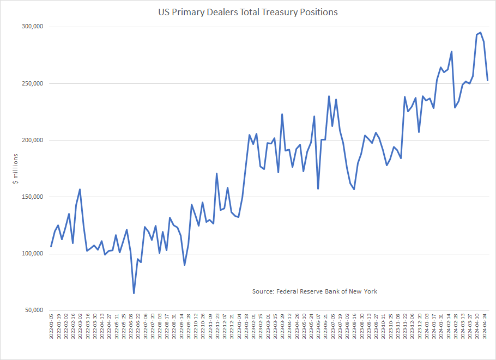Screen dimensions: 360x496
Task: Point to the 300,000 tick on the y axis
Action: [32, 27]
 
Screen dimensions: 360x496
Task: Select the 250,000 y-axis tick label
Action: [32, 83]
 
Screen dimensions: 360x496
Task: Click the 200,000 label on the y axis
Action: [32, 140]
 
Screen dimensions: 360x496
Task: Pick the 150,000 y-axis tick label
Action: [32, 197]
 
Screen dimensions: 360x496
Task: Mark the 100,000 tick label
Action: [32, 254]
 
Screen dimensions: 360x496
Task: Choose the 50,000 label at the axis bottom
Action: [33, 310]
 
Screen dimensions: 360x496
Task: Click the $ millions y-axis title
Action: [16, 168]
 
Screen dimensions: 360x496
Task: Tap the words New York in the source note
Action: [363, 291]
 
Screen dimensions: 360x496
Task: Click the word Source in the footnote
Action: [263, 291]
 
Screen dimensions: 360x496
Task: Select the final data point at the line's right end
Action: [487, 80]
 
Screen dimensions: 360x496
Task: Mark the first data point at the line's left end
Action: [51, 246]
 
